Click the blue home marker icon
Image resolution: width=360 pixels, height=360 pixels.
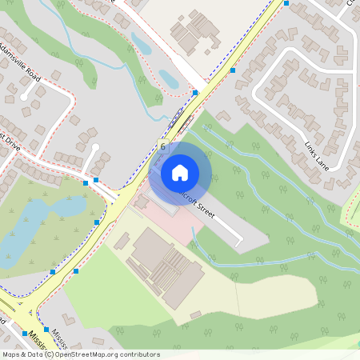coord(180,173)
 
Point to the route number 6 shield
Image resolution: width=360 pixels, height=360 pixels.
coord(162,146)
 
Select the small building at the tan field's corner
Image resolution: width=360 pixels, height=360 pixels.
coord(195,315)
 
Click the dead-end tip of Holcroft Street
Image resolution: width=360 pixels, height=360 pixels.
coord(239,240)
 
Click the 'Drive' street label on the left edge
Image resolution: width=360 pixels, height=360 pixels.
coord(10,142)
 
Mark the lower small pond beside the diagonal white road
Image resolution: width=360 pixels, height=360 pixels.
coord(168,78)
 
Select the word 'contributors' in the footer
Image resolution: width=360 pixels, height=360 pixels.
coord(138,354)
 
